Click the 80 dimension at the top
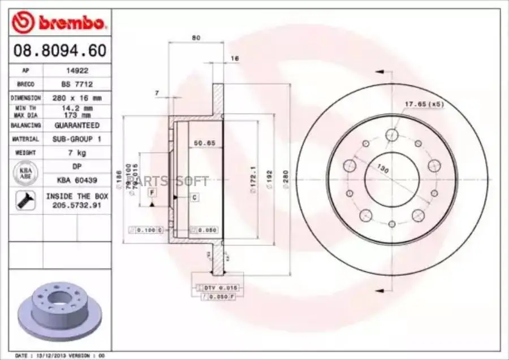(x=196, y=38)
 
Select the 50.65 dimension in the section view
(x=205, y=143)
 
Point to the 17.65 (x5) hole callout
(x=424, y=104)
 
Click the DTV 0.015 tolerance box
(x=218, y=288)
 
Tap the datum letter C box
(x=194, y=197)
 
